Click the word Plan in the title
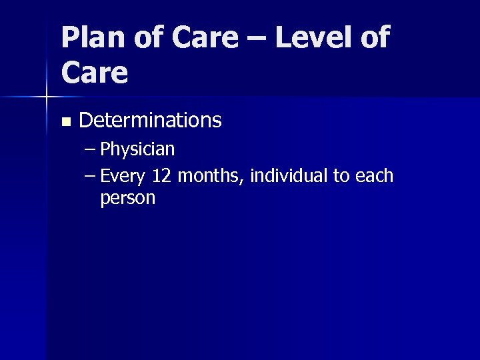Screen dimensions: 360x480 coord(93,38)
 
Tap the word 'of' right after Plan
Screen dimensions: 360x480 coord(147,38)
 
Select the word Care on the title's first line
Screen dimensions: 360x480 coord(204,38)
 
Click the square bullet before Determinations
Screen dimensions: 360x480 coord(65,122)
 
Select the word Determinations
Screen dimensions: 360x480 coord(150,121)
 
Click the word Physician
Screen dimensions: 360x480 coord(137,149)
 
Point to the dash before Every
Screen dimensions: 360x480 coord(91,177)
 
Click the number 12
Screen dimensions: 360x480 coord(162,177)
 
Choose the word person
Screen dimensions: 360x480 coord(127,199)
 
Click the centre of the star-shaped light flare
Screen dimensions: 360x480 coord(45,97)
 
